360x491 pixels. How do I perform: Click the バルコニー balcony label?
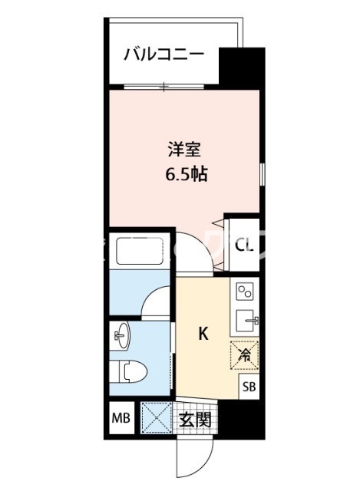click(x=165, y=55)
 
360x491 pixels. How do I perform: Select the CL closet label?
click(x=244, y=245)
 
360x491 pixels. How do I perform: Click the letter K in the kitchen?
click(x=203, y=334)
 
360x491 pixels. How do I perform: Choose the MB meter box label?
click(x=121, y=420)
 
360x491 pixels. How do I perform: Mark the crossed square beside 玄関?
click(x=156, y=419)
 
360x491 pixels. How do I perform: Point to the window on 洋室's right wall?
click(x=262, y=173)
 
